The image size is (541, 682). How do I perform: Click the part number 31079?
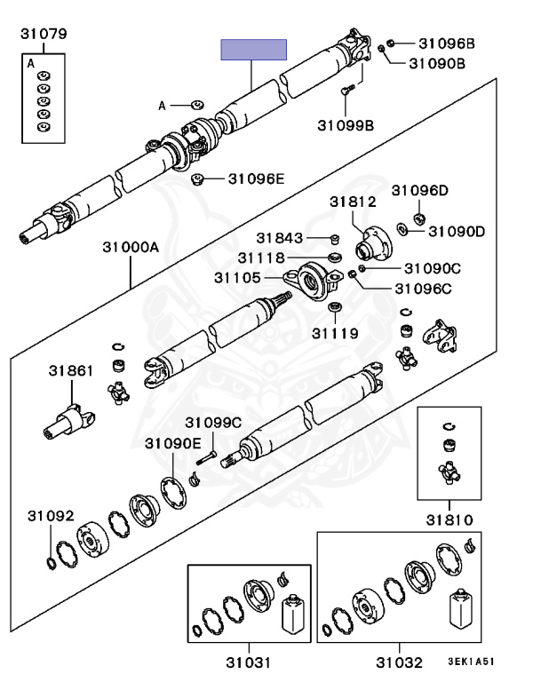point(44,35)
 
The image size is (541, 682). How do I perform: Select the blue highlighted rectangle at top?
point(254,49)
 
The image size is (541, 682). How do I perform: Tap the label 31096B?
point(447,43)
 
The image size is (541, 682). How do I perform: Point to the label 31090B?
point(438,63)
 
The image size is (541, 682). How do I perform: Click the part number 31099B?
point(346,125)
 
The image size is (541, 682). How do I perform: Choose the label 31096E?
point(256,178)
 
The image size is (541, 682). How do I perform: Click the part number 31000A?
point(130,248)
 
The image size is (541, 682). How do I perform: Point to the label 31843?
point(281,237)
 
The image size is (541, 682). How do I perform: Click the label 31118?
point(260,258)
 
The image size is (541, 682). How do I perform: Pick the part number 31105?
point(237,278)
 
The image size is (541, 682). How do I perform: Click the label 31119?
point(335,334)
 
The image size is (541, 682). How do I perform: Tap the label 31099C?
point(213,422)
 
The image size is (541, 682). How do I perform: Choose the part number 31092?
point(51,515)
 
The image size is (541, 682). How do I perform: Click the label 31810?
point(448,519)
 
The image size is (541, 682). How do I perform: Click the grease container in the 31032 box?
point(460,609)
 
